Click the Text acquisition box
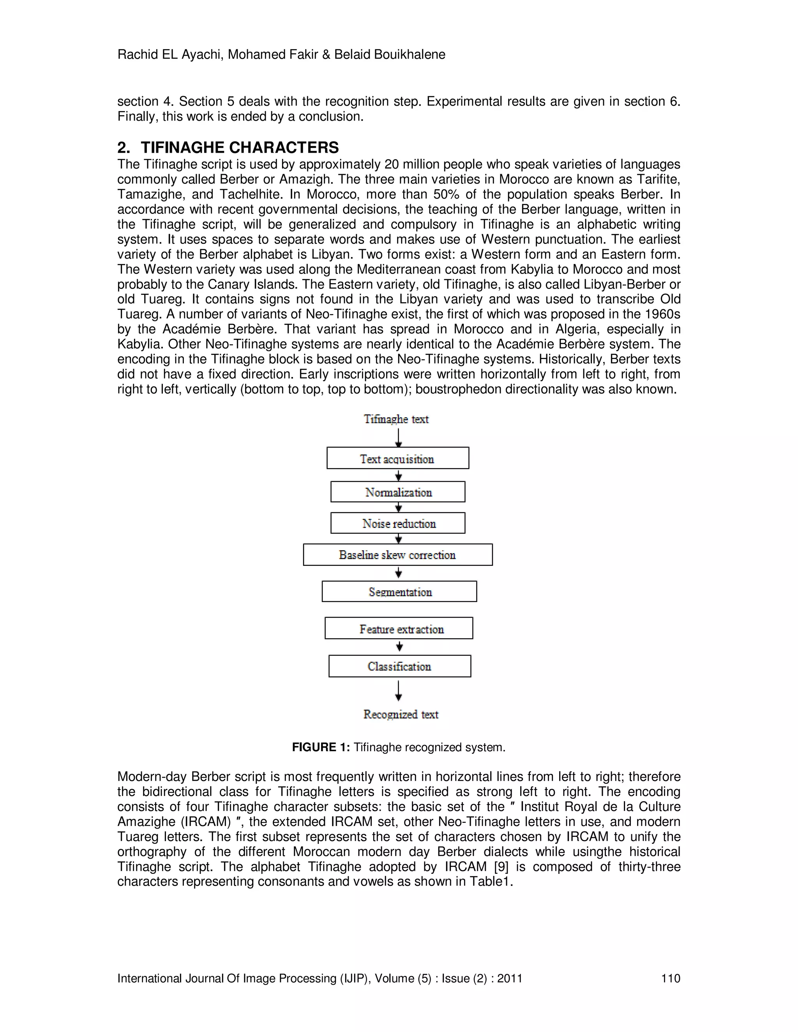point(397,458)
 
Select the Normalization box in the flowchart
point(397,492)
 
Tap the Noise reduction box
point(397,523)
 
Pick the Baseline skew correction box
point(397,555)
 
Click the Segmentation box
point(399,592)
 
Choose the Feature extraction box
point(399,629)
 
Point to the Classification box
point(399,666)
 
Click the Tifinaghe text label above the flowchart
point(396,419)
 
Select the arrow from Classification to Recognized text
point(399,691)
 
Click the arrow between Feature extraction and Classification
point(399,646)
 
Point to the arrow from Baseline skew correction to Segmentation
point(399,573)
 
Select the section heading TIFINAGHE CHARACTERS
point(240,148)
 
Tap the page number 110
point(670,978)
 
